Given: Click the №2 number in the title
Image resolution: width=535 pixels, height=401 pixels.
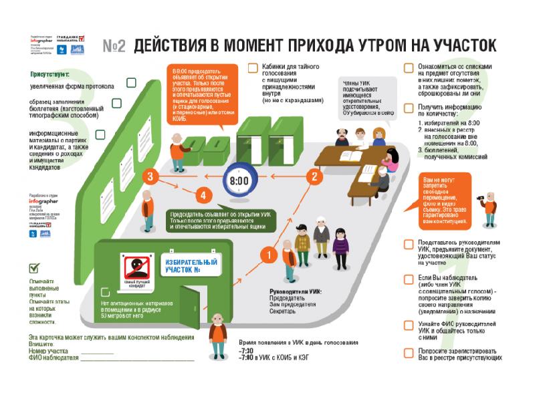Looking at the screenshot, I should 115,46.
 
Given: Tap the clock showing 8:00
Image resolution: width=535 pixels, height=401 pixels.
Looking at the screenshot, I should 239,181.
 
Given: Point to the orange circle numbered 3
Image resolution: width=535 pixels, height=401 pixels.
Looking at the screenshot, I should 152,176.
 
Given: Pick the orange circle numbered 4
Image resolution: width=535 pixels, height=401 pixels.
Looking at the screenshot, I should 203,195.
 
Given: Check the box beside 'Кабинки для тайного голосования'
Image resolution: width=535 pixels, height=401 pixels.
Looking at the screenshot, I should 252,68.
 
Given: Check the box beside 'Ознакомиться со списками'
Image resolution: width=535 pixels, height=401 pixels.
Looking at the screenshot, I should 409,68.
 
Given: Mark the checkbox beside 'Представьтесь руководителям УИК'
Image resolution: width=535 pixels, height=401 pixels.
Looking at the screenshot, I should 409,245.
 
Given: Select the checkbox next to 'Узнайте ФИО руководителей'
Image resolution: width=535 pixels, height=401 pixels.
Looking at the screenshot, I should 409,324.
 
